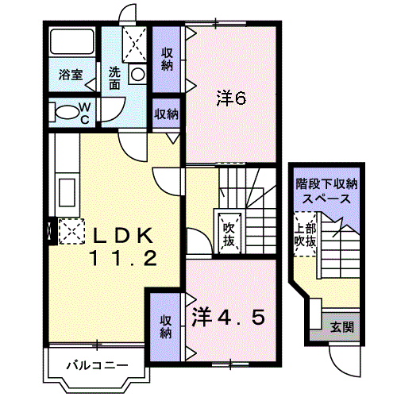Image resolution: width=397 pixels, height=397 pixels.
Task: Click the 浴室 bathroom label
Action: (x=71, y=75)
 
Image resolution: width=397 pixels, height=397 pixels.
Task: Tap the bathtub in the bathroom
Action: (x=72, y=41)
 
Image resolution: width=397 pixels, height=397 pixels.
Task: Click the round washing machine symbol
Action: (x=138, y=74)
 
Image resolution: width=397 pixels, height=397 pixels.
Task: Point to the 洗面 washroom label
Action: (x=114, y=78)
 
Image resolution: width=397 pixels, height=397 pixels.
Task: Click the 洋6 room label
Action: (x=231, y=98)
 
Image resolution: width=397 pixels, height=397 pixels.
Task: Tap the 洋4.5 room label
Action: (x=228, y=317)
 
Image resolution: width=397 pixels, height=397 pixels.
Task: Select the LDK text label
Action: (x=122, y=236)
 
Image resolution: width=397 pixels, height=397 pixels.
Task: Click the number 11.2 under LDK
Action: (x=124, y=259)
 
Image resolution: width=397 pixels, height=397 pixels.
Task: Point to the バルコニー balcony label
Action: (x=97, y=366)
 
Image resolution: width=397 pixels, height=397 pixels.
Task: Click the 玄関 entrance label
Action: (x=342, y=327)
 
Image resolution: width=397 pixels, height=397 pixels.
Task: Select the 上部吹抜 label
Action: (x=306, y=235)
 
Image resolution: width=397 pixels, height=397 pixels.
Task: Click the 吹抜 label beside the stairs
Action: (x=229, y=234)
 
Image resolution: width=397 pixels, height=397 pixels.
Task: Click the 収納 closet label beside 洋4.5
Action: (x=166, y=327)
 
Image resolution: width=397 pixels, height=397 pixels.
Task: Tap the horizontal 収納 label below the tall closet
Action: (x=167, y=114)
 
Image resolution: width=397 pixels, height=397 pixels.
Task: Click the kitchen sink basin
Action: (x=67, y=192)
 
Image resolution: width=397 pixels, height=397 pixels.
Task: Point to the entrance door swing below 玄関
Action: (x=345, y=362)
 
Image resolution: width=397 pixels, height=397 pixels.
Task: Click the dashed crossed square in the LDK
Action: (x=71, y=231)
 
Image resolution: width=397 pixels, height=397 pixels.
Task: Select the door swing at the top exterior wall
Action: (x=127, y=15)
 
